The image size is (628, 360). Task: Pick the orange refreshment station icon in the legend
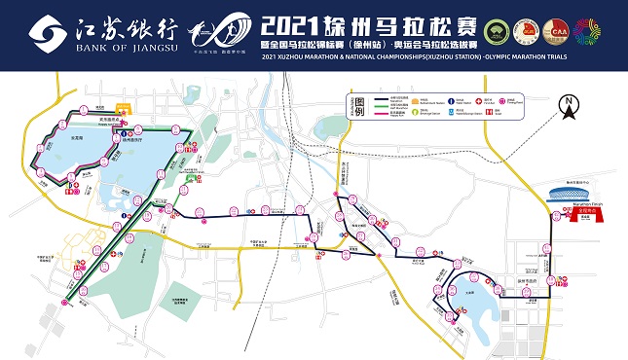coord(416,99)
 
